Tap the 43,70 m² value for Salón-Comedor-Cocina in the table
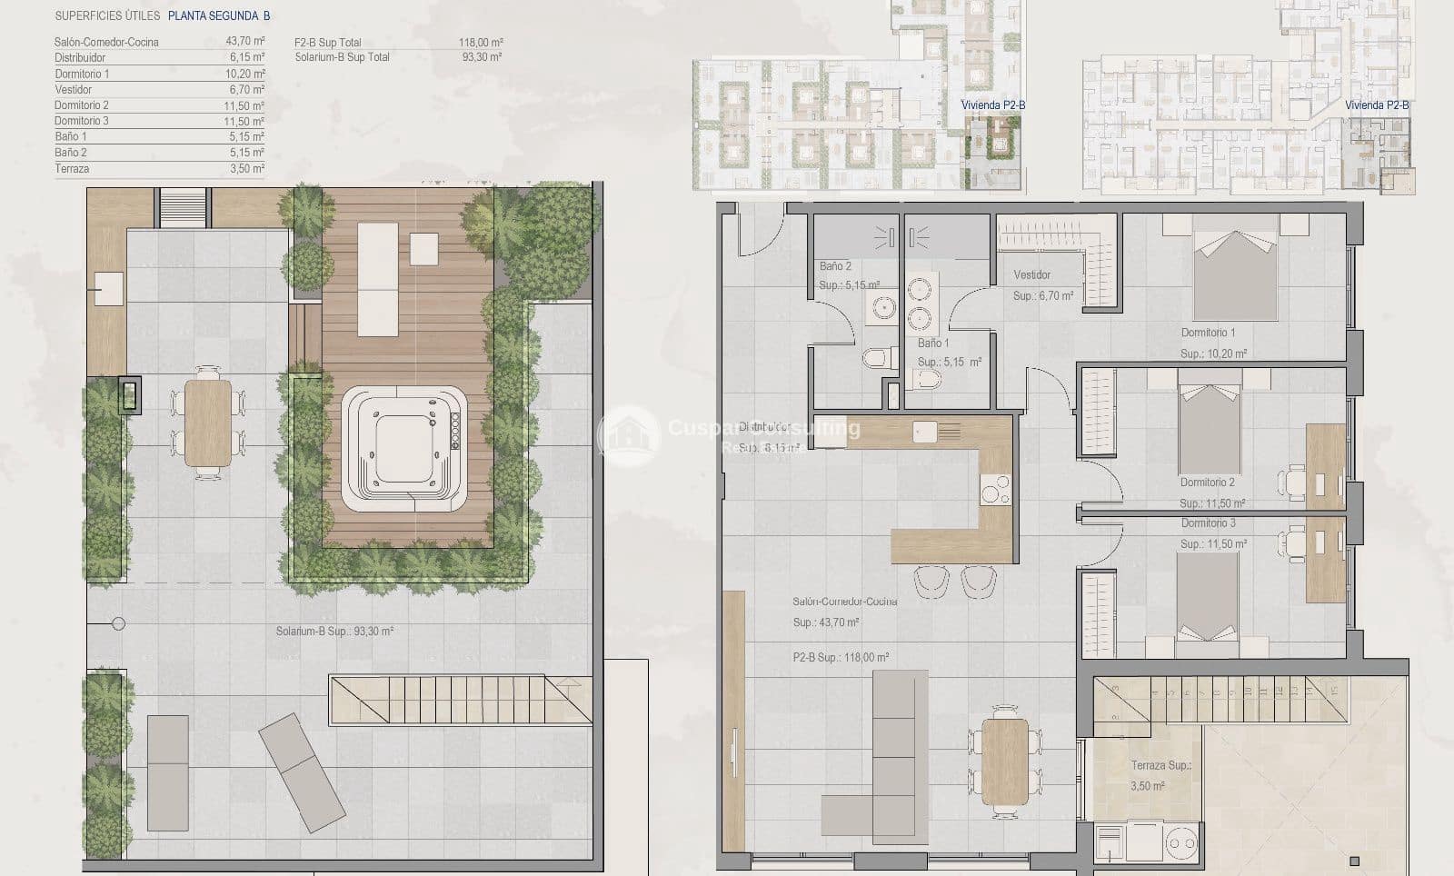pos(245,42)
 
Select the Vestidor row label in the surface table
pos(74,89)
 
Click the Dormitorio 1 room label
pos(1208,333)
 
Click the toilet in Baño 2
pos(873,358)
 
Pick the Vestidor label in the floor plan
pos(1031,274)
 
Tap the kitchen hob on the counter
pos(995,489)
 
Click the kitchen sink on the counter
pos(926,431)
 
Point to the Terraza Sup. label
pos(1160,765)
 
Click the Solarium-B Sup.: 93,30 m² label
pos(334,631)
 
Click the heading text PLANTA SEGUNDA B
pos(219,15)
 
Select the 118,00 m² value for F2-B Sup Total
pos(481,42)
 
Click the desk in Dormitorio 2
pos(1325,464)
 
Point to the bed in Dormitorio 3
pos(1207,600)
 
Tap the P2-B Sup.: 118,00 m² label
pos(841,657)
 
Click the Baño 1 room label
pos(933,343)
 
